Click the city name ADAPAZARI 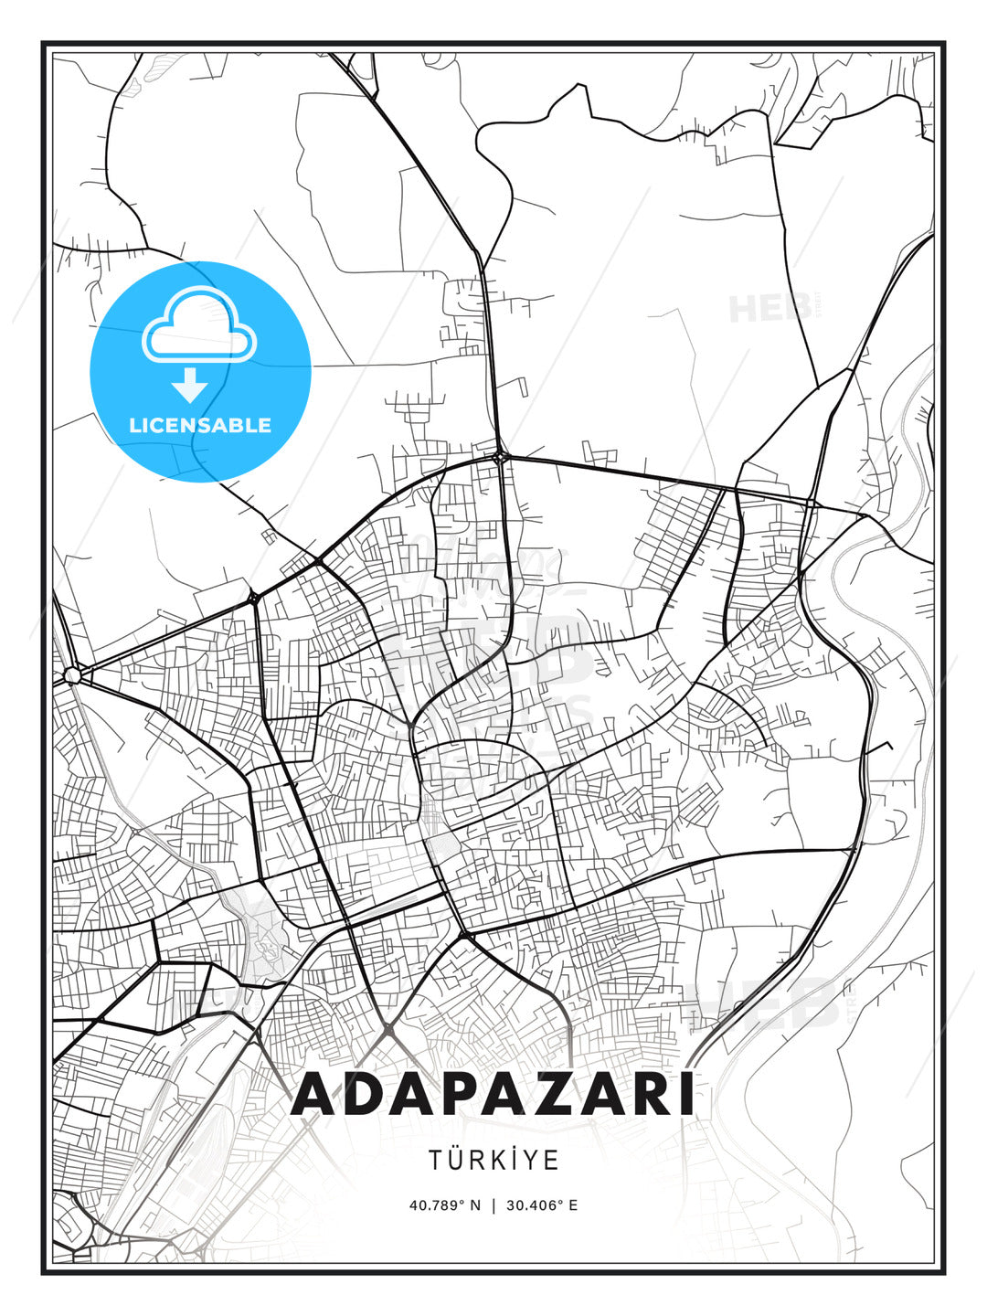click(x=493, y=1094)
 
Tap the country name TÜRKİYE click(x=493, y=1160)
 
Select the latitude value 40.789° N click(x=444, y=1205)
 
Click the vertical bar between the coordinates click(x=493, y=1205)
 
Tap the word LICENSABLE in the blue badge click(x=200, y=425)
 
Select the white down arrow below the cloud click(x=189, y=386)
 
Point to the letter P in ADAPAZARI click(x=473, y=1094)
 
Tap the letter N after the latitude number click(x=474, y=1205)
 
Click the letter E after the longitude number click(x=572, y=1205)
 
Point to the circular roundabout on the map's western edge click(x=72, y=675)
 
